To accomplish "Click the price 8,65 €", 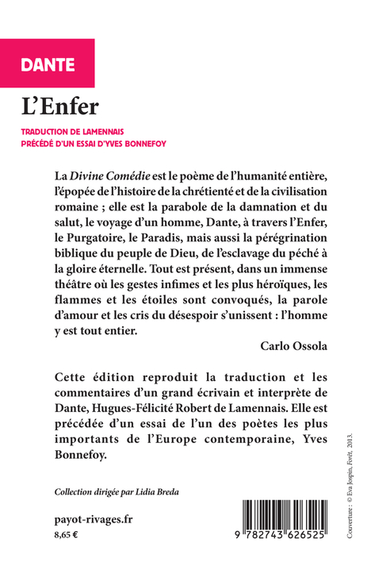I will [66, 537].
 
